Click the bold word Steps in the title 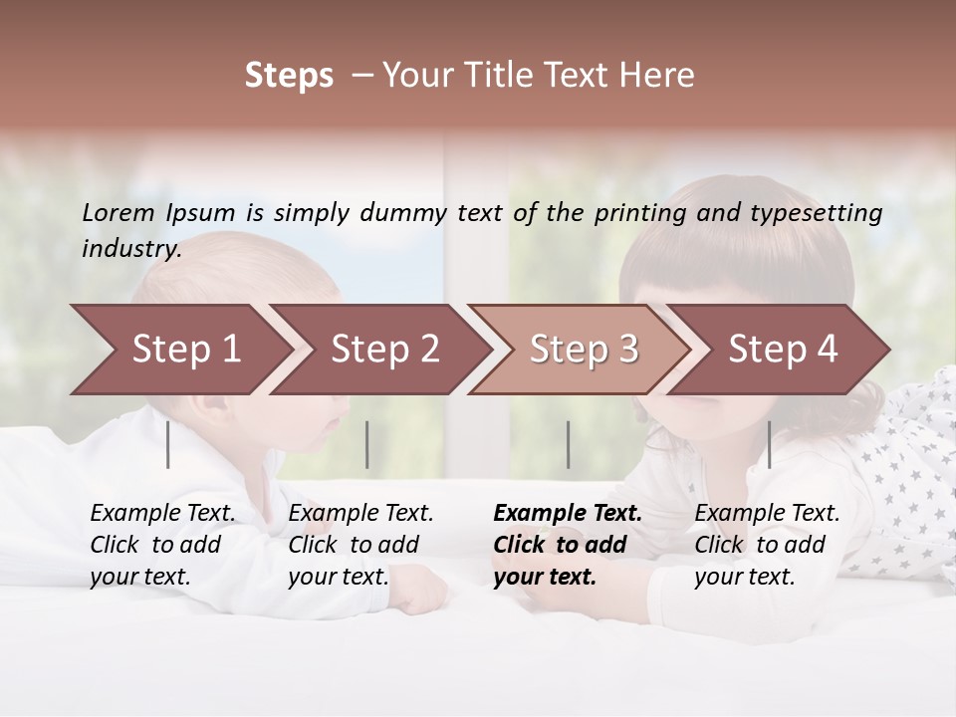(x=289, y=76)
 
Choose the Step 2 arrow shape (x=384, y=350)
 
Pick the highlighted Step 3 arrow (x=584, y=350)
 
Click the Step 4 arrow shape (x=783, y=350)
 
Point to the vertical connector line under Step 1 (x=168, y=444)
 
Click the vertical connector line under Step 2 (x=367, y=444)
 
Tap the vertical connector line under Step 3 (x=569, y=444)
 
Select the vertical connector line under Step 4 (x=769, y=444)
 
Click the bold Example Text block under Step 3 (x=567, y=545)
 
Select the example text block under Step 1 (x=162, y=545)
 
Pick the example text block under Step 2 (x=360, y=545)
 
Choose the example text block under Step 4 (x=767, y=545)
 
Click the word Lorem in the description (x=119, y=213)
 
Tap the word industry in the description (x=130, y=249)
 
